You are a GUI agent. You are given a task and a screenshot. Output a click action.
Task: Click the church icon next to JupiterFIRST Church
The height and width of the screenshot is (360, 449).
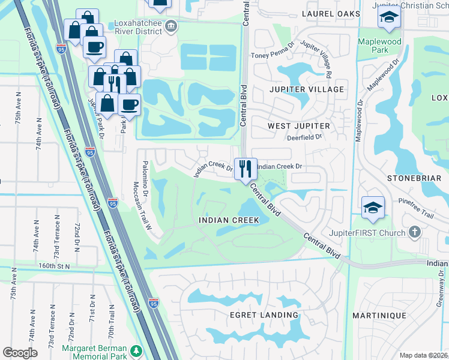pos(414,232)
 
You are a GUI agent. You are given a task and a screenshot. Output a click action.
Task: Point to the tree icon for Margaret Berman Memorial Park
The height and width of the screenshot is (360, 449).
pos(136,350)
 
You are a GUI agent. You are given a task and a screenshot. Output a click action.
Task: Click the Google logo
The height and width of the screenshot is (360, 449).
pos(20,352)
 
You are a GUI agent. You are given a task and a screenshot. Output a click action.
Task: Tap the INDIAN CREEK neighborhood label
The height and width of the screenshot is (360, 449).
pos(229,220)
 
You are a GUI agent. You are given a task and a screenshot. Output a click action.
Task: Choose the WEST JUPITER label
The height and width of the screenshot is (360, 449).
pos(298,126)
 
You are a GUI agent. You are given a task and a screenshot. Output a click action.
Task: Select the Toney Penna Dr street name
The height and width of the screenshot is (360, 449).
pos(273,55)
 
